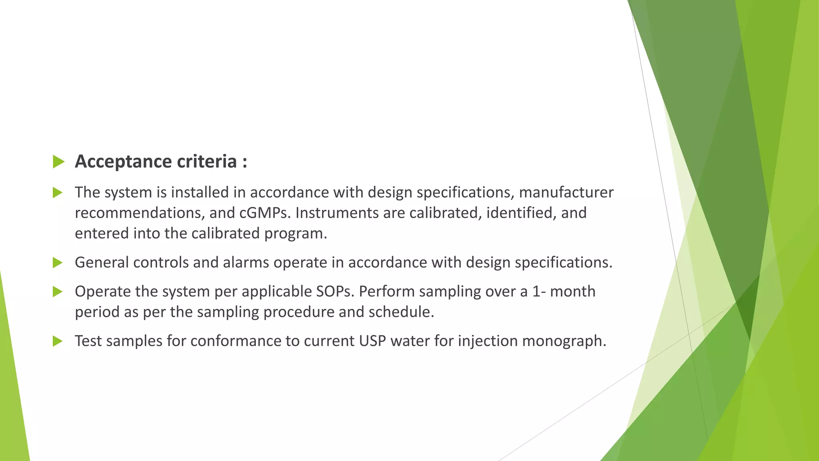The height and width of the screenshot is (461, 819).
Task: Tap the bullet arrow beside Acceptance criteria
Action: tap(58, 162)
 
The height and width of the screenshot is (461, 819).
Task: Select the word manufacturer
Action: tap(566, 192)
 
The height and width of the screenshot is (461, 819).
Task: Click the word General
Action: tap(102, 263)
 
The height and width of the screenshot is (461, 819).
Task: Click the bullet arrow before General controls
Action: tap(58, 263)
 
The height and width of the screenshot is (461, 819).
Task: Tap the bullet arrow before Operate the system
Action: tap(58, 292)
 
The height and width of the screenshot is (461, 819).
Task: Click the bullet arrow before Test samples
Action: tap(58, 341)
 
